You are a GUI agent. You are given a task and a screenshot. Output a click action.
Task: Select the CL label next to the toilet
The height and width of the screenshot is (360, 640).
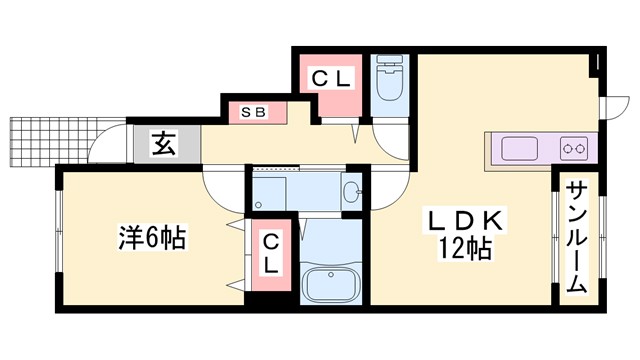(x=329, y=76)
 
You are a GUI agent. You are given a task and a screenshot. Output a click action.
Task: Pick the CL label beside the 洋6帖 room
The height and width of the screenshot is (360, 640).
(x=272, y=251)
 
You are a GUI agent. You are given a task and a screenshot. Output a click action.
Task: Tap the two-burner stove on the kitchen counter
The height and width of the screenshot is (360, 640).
(x=574, y=150)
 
